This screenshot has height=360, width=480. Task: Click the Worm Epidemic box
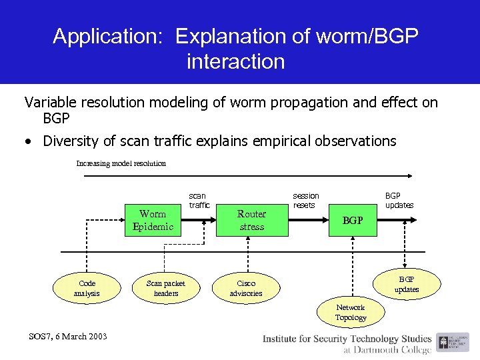[x=153, y=220]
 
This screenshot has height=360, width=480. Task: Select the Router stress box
[x=251, y=220]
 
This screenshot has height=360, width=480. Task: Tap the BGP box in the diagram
[x=352, y=220]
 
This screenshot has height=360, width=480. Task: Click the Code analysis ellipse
[x=87, y=288]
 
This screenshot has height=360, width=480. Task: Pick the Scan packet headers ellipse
[x=166, y=288]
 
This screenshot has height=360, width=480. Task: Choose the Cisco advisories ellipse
[x=246, y=288]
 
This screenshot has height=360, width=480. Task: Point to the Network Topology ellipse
[x=351, y=312]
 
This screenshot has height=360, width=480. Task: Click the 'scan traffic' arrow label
[x=199, y=201]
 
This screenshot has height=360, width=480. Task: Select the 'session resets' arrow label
[x=306, y=201]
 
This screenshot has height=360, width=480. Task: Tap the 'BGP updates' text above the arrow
[x=399, y=201]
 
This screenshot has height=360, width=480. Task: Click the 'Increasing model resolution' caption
[x=121, y=163]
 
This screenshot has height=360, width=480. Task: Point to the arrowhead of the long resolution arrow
[x=413, y=176]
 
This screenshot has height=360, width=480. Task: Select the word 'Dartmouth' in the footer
[x=381, y=349]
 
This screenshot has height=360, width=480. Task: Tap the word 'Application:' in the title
[x=109, y=37]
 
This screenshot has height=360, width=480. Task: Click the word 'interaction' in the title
[x=236, y=62]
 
